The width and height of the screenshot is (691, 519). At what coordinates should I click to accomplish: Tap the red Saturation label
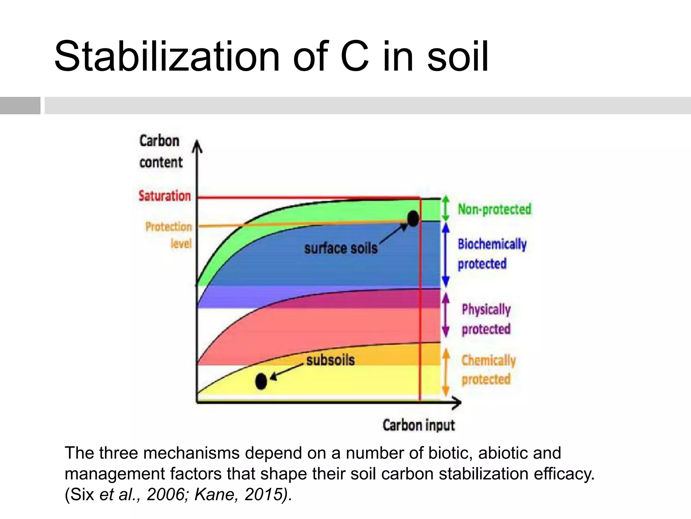165,196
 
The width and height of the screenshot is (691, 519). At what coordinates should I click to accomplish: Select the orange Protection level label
169,234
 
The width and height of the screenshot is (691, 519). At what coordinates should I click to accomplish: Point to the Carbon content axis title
160,151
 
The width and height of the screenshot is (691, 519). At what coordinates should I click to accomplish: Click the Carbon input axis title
419,425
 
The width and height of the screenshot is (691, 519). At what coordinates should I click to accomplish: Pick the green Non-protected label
494,209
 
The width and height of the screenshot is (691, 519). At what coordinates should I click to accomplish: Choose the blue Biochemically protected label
492,253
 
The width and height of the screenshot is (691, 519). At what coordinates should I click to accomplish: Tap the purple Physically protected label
486,319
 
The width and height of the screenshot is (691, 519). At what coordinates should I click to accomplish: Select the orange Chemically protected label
488,370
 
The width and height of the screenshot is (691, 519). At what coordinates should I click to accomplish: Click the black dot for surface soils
413,218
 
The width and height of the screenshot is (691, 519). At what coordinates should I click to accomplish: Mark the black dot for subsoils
261,381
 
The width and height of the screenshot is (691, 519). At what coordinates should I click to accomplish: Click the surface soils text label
341,249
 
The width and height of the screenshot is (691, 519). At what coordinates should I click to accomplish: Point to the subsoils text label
330,360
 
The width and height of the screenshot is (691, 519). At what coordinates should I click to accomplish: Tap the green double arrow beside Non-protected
446,208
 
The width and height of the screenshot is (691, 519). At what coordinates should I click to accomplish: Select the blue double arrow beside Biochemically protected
446,255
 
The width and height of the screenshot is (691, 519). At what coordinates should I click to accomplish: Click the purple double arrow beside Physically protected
446,315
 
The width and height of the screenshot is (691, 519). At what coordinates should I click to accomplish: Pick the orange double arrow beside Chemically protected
446,372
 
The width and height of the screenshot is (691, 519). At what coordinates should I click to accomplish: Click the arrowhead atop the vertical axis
197,147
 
